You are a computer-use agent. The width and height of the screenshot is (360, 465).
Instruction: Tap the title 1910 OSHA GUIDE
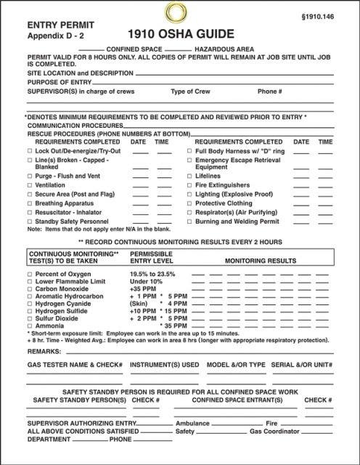(180, 34)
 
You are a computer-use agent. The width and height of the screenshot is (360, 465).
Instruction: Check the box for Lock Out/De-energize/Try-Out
(30, 150)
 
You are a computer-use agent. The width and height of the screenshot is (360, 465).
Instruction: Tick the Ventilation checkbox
(30, 185)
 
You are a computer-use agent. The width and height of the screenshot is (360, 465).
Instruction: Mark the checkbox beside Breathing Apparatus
(30, 203)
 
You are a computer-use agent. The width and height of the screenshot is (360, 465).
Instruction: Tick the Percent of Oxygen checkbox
(30, 273)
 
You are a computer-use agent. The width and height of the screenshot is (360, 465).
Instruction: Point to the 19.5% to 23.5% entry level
(152, 273)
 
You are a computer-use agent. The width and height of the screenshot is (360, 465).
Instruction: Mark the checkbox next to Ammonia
(30, 325)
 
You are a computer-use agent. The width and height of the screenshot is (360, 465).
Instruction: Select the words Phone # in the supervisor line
(269, 92)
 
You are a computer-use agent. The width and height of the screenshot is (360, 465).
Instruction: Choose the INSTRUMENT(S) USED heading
(164, 365)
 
